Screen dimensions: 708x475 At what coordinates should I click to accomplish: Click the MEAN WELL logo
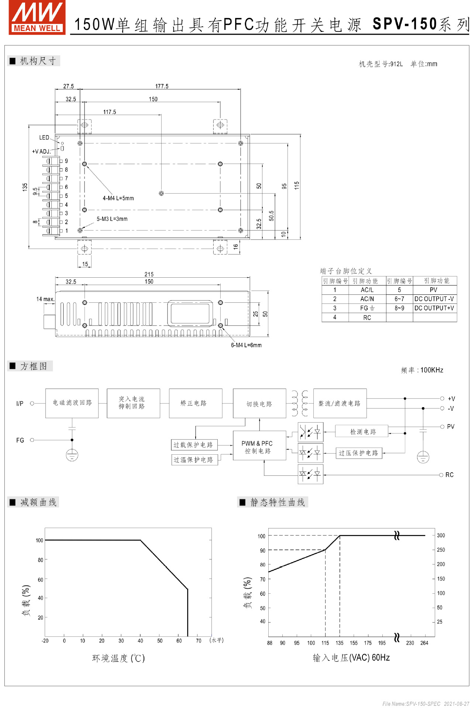(37, 18)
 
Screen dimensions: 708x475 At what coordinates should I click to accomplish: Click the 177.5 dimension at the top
(162, 86)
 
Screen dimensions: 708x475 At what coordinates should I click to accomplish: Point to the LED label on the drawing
(44, 138)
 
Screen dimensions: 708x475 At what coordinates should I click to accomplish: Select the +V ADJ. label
(41, 152)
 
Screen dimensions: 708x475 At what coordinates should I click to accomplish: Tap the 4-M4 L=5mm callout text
(118, 198)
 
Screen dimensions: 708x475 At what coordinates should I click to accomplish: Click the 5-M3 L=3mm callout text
(112, 219)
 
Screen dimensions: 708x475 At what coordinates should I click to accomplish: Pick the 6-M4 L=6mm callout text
(246, 346)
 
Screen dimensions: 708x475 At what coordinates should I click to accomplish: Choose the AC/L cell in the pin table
(367, 290)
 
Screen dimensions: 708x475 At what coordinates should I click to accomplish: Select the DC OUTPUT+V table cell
(434, 308)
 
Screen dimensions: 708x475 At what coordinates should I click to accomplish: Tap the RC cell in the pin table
(367, 317)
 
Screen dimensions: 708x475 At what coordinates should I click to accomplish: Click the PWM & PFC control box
(259, 447)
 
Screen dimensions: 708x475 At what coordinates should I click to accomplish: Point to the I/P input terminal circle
(32, 403)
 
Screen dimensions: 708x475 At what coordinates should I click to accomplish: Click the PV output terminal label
(451, 427)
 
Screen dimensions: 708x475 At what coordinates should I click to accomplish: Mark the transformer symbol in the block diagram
(300, 403)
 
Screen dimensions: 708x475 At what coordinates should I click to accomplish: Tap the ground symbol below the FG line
(72, 456)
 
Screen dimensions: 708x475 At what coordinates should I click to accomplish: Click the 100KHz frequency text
(431, 370)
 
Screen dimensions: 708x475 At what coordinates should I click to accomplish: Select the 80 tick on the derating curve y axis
(40, 560)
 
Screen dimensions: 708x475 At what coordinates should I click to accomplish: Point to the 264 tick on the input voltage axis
(424, 643)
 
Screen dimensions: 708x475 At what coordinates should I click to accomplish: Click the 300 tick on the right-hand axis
(441, 535)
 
